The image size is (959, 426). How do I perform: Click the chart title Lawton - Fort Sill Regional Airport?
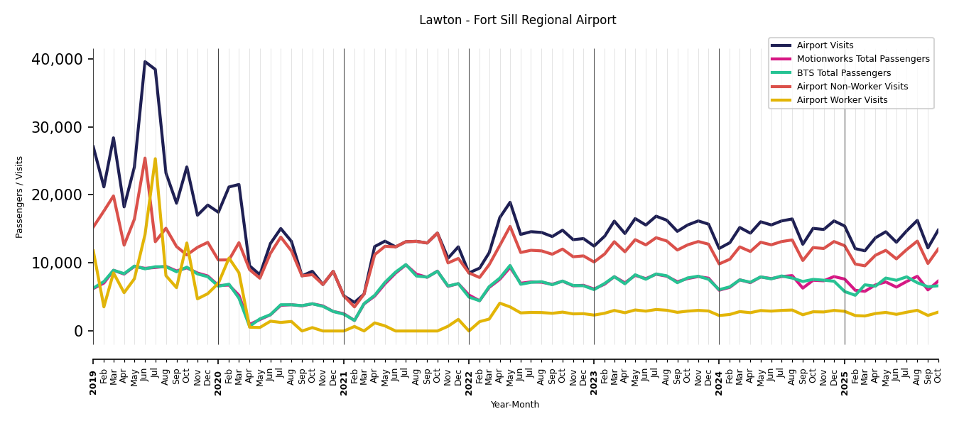point(517,21)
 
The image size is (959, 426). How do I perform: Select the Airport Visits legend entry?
point(825,45)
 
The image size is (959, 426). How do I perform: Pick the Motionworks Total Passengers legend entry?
point(862,59)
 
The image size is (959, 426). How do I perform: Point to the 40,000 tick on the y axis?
point(58,59)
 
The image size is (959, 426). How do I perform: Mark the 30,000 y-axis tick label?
point(58,127)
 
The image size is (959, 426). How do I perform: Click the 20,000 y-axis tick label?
point(58,195)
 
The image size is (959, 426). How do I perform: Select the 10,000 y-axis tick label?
point(58,263)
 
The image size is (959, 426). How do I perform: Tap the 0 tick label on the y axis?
point(78,331)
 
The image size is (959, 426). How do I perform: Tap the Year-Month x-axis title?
point(515,405)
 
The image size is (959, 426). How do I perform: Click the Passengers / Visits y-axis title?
point(20,197)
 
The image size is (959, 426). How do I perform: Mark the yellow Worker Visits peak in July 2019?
point(156,159)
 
